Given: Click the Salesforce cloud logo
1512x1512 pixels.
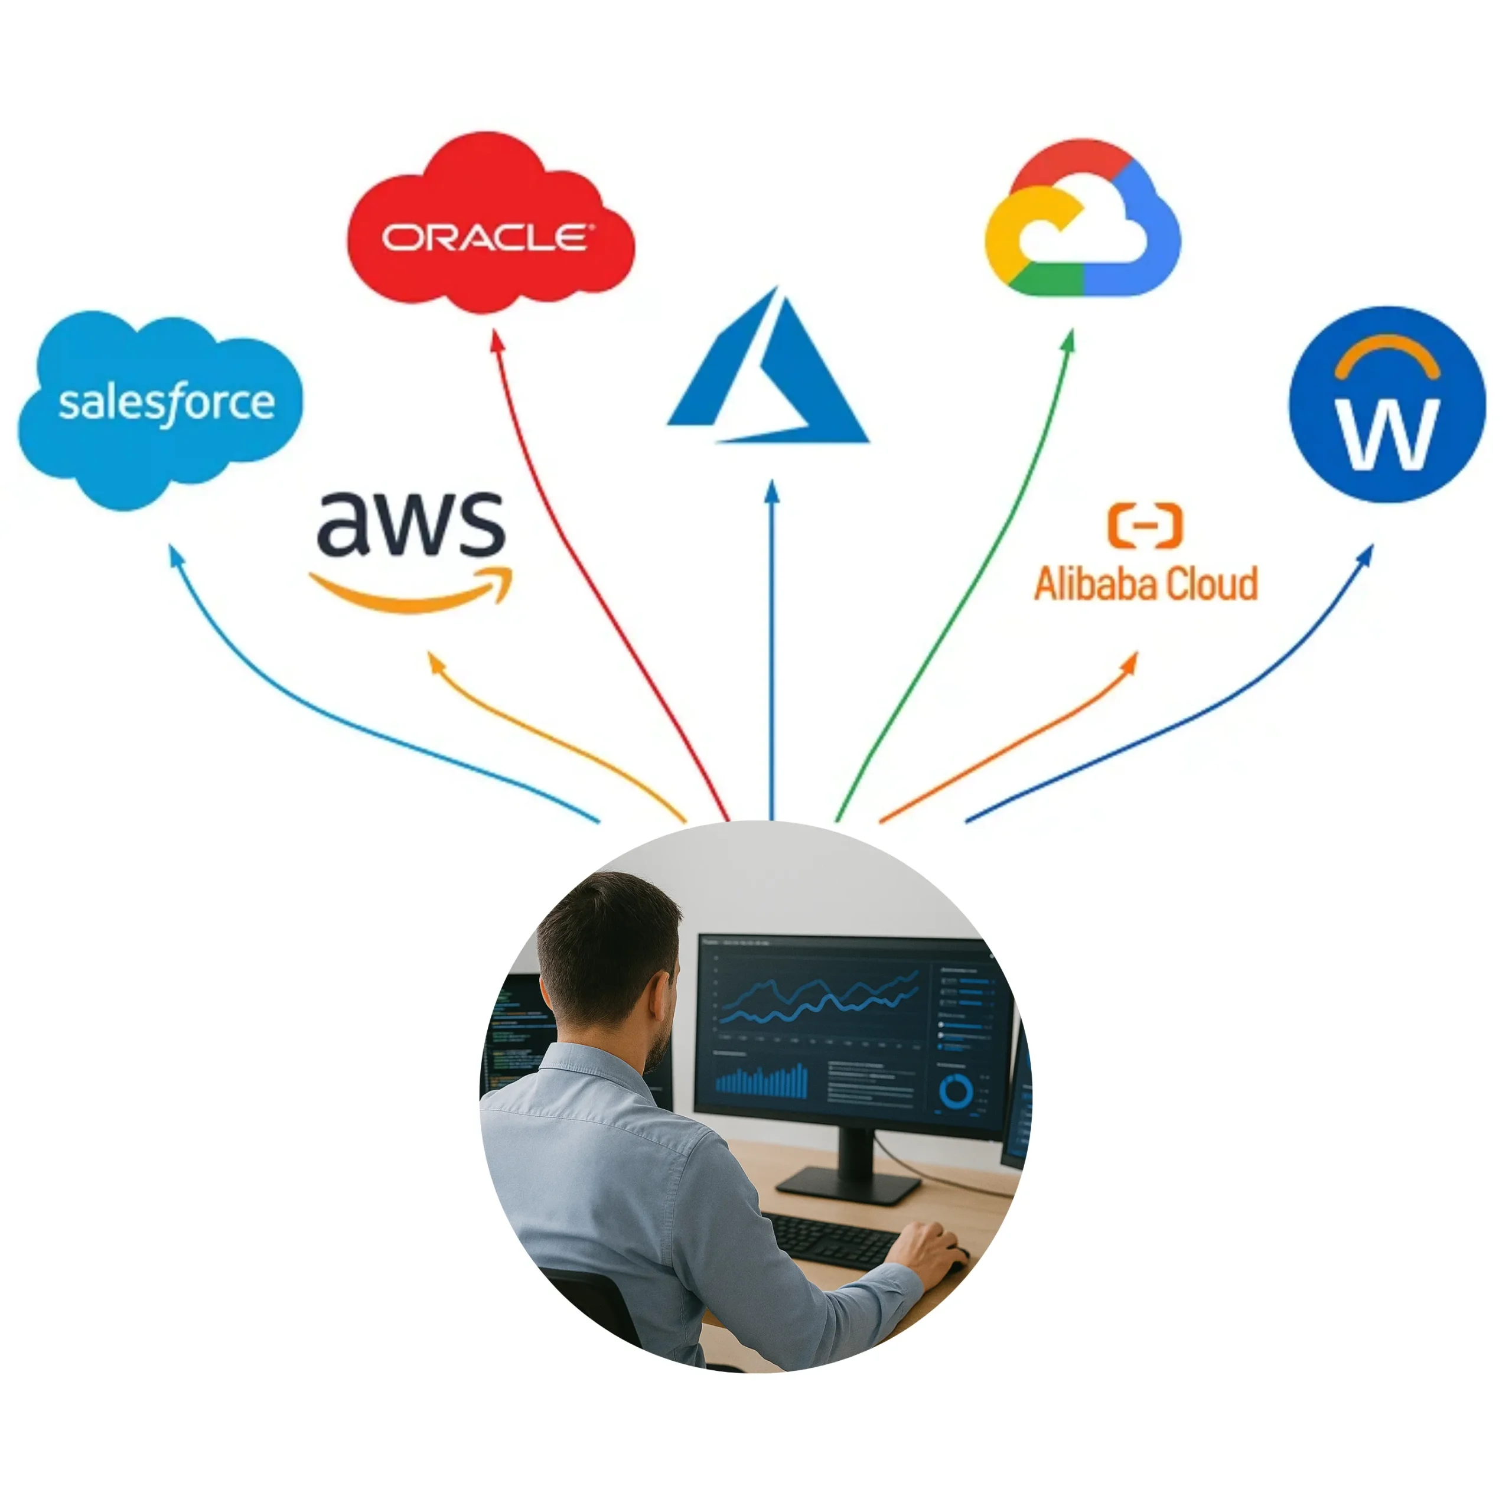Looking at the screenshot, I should (161, 407).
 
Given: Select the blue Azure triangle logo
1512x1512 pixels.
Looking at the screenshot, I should (767, 376).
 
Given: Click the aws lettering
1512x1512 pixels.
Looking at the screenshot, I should (411, 523).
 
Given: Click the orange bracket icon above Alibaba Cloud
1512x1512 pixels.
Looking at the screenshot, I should (1146, 525).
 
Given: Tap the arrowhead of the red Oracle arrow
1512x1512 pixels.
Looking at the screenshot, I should (494, 337).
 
